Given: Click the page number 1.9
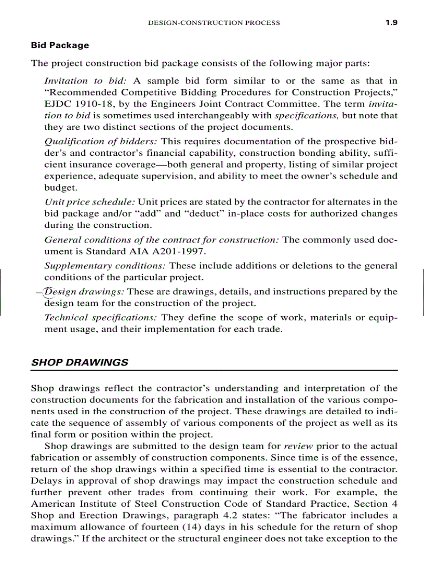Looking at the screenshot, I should tap(391, 22).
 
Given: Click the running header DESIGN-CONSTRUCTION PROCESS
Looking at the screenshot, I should tap(214, 23).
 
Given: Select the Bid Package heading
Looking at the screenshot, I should tap(60, 45).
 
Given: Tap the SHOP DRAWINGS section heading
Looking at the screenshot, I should tap(79, 362).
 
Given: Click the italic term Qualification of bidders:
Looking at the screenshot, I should tap(101, 142).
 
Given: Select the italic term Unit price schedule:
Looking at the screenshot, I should tap(89, 202).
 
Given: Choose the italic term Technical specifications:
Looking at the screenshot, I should tap(101, 317).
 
